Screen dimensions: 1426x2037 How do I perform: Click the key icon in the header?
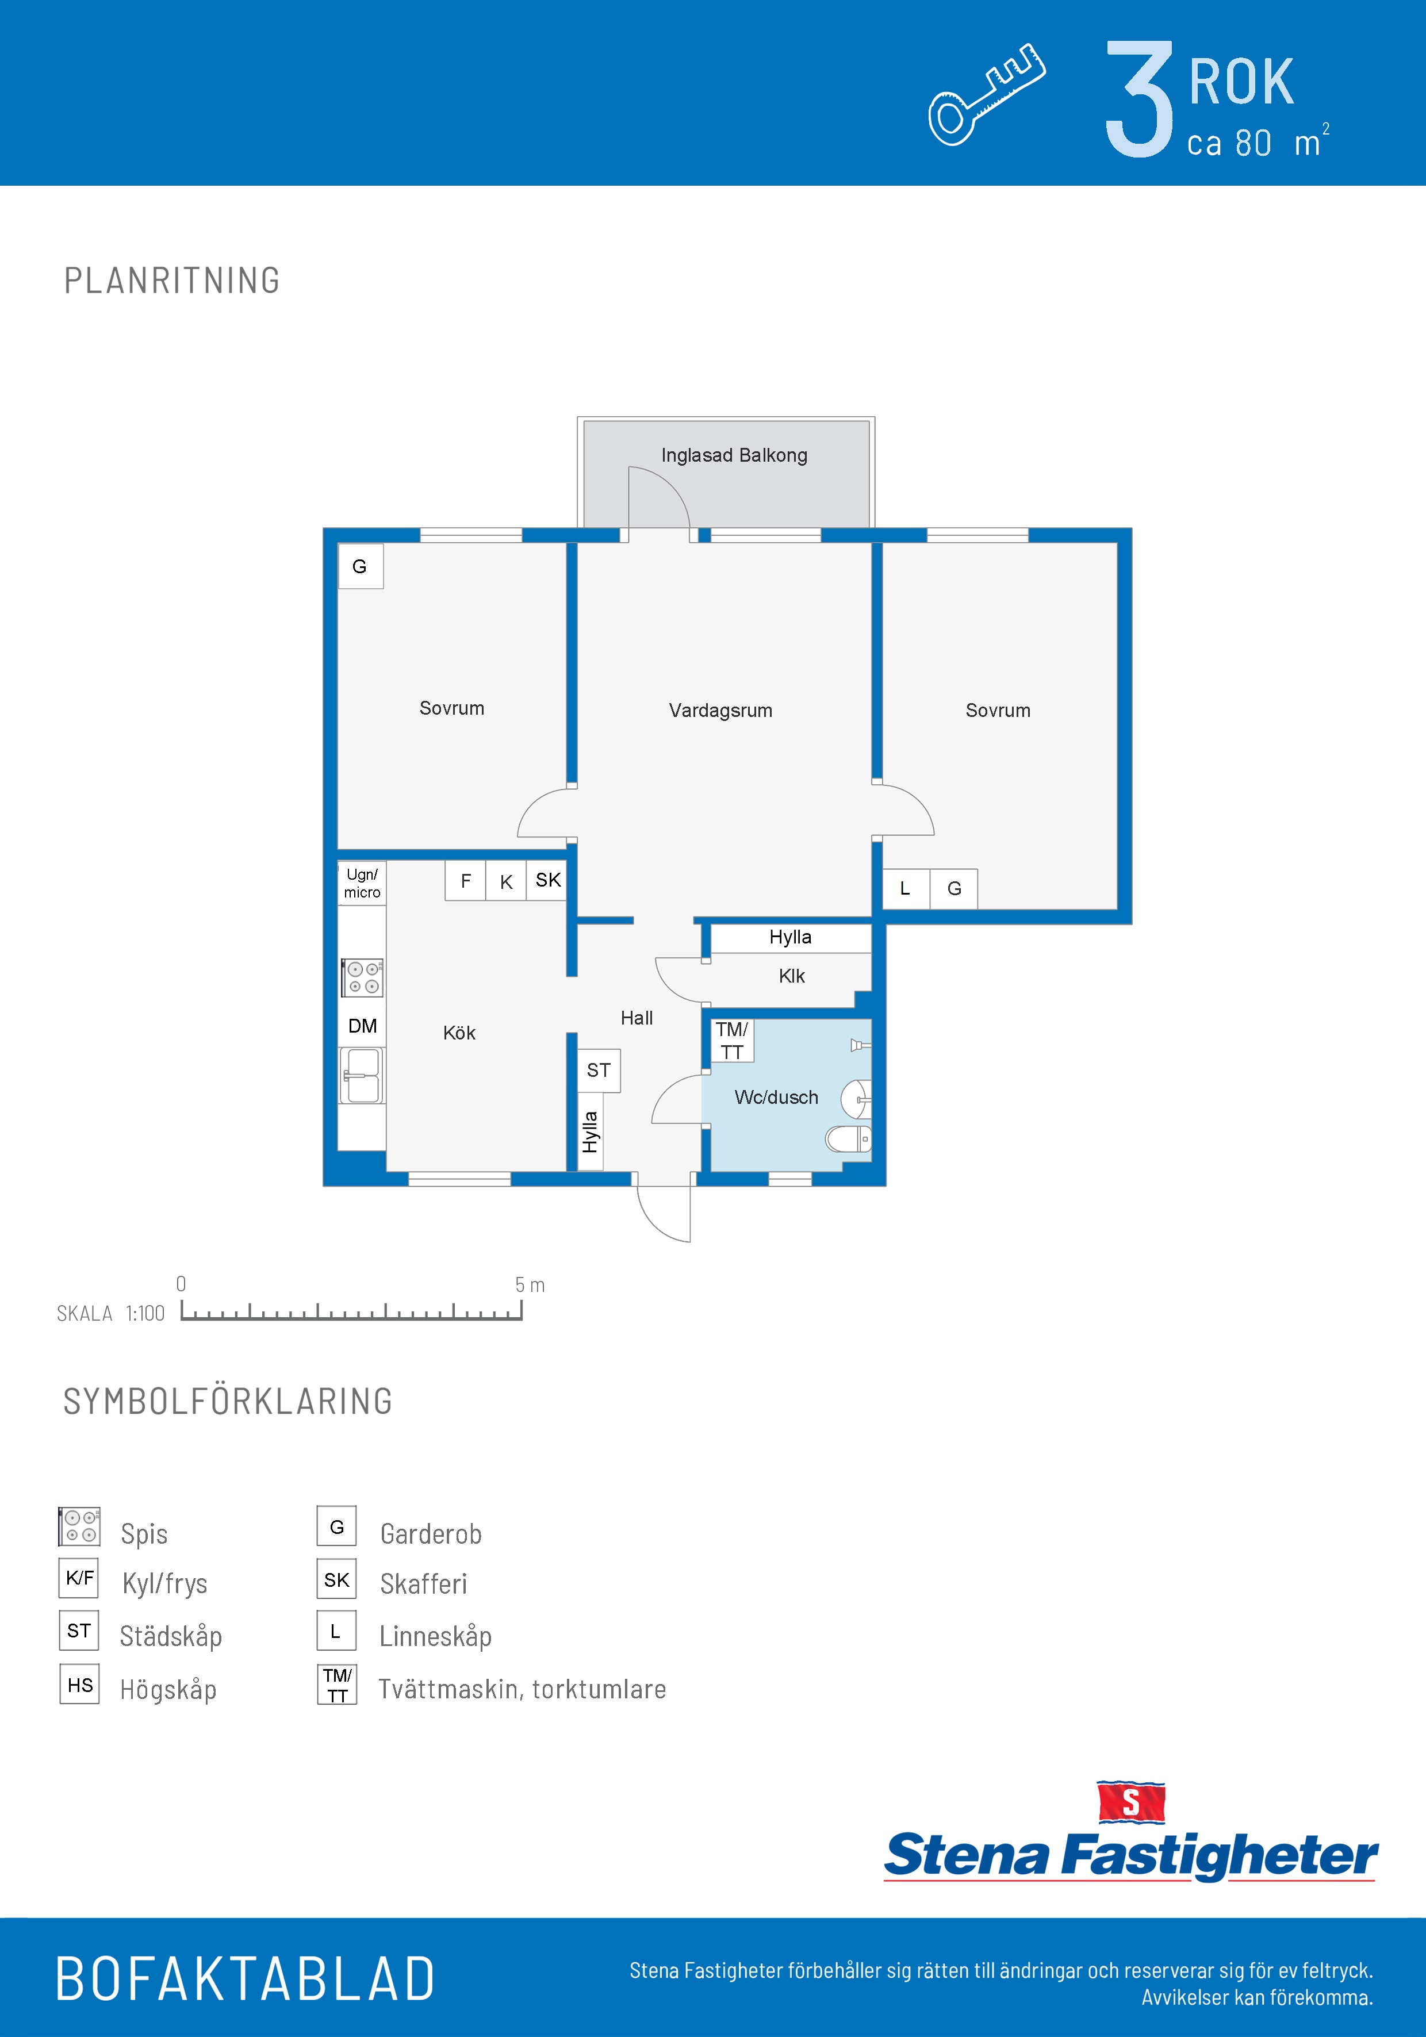coord(987,94)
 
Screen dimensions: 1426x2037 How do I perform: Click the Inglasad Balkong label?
coord(734,455)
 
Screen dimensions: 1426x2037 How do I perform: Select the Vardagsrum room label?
coord(720,711)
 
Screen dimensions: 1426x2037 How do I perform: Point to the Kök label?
coord(459,1033)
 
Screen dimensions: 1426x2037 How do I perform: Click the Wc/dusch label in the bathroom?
coord(776,1098)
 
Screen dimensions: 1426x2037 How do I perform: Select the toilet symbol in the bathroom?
coord(848,1138)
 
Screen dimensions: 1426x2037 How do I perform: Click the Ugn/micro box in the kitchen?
coord(362,884)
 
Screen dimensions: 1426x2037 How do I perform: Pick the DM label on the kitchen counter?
coord(362,1026)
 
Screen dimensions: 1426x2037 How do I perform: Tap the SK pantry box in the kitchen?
coord(547,881)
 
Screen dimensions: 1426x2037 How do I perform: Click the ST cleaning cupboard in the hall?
coord(599,1071)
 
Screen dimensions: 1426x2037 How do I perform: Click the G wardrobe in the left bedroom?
coord(361,566)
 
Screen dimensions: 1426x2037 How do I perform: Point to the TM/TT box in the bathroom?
coord(732,1041)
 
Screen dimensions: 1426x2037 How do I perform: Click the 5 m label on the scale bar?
coord(530,1284)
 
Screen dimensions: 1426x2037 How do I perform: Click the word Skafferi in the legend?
coord(423,1583)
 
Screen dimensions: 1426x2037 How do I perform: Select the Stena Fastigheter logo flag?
coord(1130,1802)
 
